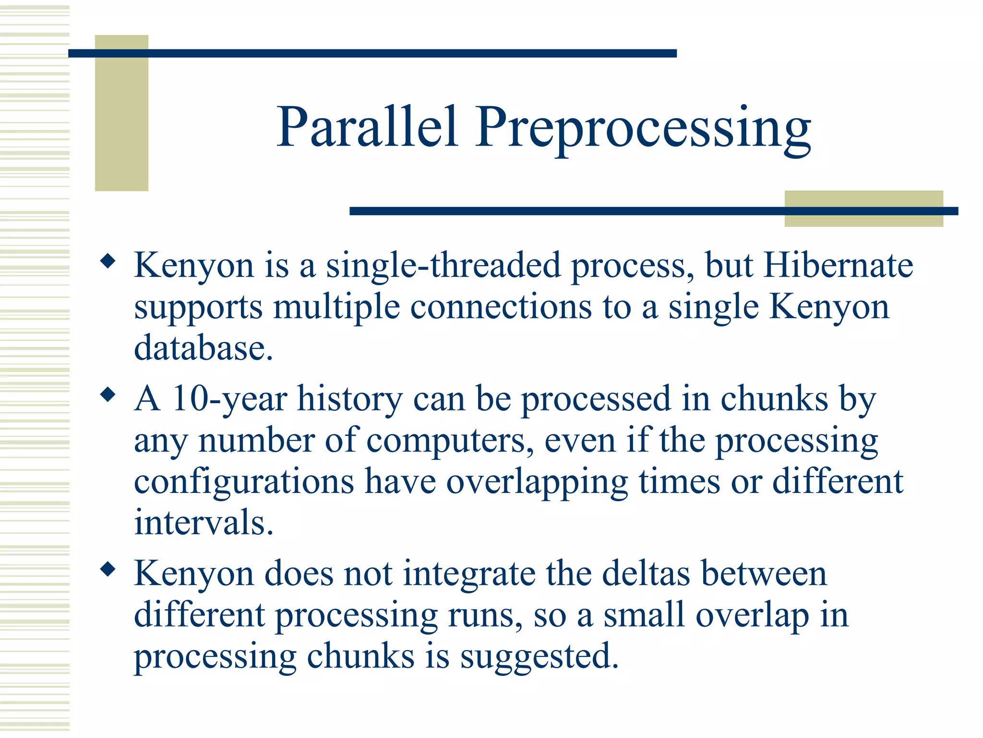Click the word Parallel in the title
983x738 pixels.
(x=367, y=127)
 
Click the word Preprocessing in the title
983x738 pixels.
(x=643, y=129)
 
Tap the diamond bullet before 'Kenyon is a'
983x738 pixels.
(x=108, y=261)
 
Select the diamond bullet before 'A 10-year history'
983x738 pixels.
(x=108, y=395)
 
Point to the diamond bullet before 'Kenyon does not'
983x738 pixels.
(x=108, y=570)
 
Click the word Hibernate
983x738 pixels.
(x=838, y=265)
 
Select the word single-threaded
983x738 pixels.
(x=444, y=266)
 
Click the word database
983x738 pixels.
(x=203, y=348)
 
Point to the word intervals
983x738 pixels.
(x=203, y=522)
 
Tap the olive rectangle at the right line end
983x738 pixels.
(x=863, y=209)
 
